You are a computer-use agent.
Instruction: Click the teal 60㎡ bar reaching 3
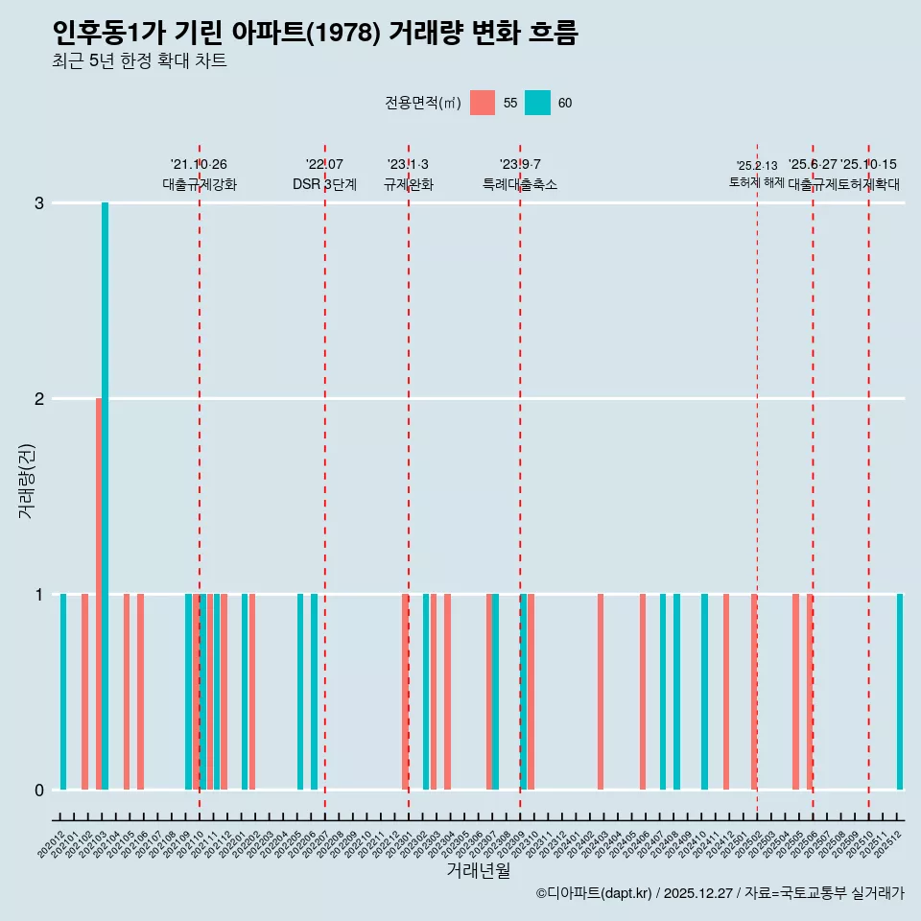tap(105, 496)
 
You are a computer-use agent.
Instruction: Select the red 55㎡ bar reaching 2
tap(99, 594)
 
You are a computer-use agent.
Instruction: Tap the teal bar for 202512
tap(900, 692)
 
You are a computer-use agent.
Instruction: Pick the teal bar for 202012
tap(63, 692)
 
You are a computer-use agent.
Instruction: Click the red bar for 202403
tap(601, 692)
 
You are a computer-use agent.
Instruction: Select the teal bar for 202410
tap(704, 692)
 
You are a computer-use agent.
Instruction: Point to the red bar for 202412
tap(726, 692)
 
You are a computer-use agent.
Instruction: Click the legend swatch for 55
tap(483, 103)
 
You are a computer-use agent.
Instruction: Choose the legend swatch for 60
tap(537, 103)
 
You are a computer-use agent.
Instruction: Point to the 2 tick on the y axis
tap(39, 398)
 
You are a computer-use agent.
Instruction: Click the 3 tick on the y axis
tap(39, 202)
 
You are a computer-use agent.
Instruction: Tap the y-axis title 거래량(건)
tap(27, 481)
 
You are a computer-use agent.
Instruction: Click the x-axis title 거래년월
tap(478, 870)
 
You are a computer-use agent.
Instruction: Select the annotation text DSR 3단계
tap(324, 184)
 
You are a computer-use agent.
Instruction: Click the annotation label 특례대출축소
tap(519, 184)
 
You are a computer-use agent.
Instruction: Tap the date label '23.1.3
tap(408, 165)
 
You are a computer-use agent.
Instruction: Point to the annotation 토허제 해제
tap(757, 182)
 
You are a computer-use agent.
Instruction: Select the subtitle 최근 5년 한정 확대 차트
tap(139, 61)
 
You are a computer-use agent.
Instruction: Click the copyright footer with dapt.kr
tap(720, 893)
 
